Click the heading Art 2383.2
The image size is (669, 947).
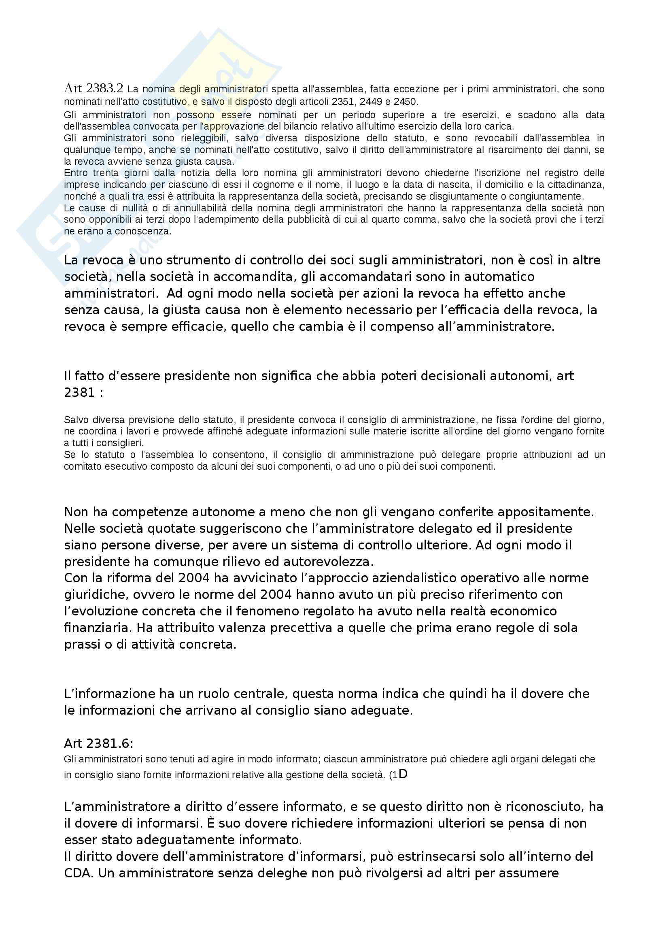tap(93, 88)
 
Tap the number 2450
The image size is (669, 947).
tap(406, 102)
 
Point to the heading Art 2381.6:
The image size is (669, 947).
tap(98, 743)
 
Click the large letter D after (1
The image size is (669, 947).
tap(403, 774)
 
